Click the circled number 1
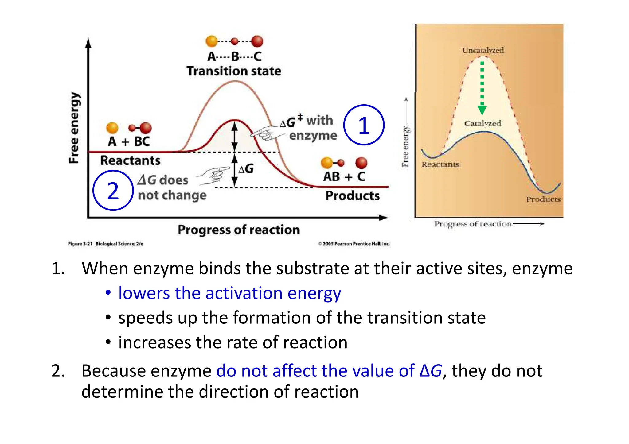pos(364,125)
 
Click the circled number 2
pos(113,191)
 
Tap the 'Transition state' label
pos(234,71)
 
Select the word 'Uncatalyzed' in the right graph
pos(483,50)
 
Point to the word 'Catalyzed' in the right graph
pos(482,123)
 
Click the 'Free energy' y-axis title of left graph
pos(74,128)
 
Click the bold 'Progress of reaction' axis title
pos(238,230)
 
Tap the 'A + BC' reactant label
pos(129,141)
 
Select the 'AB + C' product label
pos(344,177)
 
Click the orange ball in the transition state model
pos(212,41)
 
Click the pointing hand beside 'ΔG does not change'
pos(214,176)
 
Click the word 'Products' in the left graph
pos(352,196)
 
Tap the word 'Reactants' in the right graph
pos(440,164)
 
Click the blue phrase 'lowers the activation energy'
pos(229,293)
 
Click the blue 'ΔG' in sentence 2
pos(431,371)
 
